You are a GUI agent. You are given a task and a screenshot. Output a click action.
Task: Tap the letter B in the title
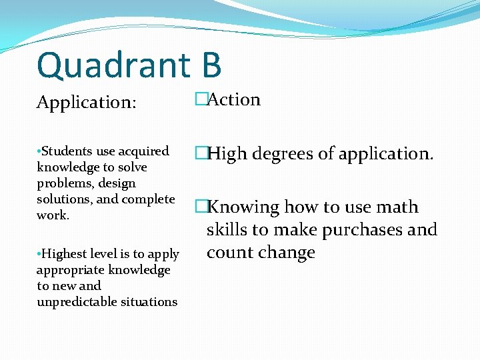point(208,65)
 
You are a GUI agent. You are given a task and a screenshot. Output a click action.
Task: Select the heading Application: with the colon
point(87,103)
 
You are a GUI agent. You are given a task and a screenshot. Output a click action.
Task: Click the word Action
point(234,100)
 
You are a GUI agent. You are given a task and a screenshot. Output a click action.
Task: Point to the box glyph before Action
point(201,100)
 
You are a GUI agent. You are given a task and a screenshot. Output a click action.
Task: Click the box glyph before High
point(201,154)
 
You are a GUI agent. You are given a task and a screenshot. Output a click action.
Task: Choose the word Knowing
point(243,207)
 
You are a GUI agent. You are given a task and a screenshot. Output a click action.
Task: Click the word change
point(287,253)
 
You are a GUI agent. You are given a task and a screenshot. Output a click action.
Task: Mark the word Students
point(65,151)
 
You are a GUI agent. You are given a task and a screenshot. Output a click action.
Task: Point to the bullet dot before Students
point(39,151)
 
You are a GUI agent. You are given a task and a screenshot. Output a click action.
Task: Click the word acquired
point(141,151)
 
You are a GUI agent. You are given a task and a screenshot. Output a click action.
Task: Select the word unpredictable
point(77,302)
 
